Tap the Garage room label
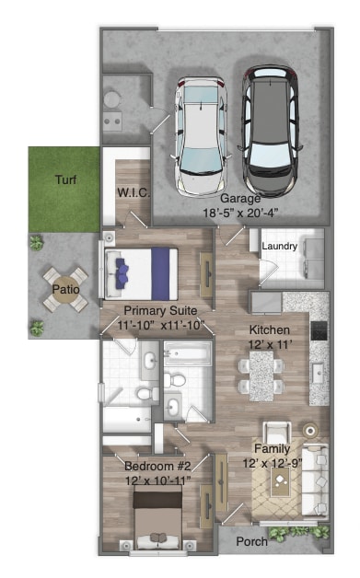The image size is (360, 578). click(x=239, y=198)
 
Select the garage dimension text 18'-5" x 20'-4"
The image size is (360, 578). click(x=239, y=212)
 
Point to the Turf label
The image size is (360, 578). click(x=64, y=179)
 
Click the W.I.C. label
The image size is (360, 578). click(x=133, y=192)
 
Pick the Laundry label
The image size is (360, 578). click(x=279, y=247)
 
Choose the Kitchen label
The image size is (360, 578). click(x=270, y=329)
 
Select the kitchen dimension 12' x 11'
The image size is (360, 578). click(x=270, y=343)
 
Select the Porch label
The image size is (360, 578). click(x=251, y=542)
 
